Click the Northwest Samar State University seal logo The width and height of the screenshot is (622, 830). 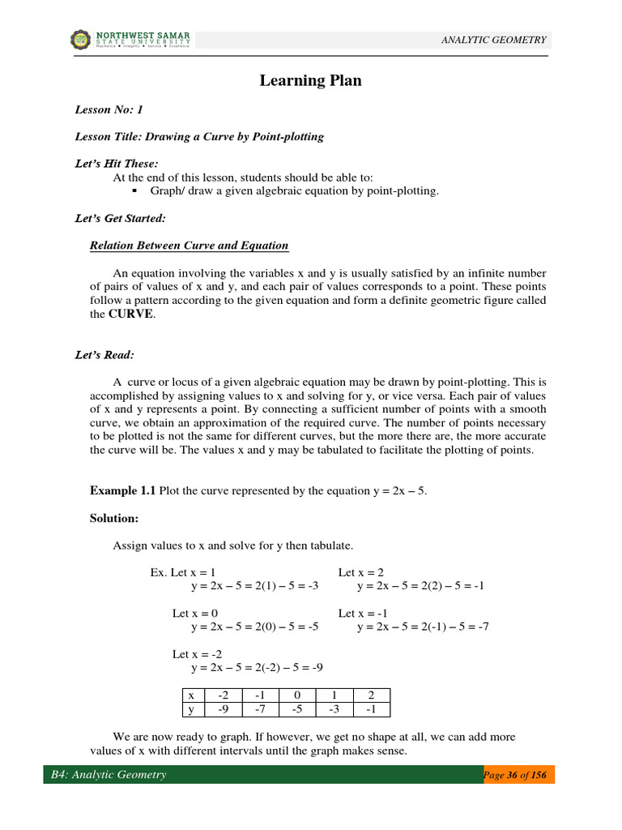(81, 39)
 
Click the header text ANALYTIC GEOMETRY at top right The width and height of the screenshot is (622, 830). (493, 40)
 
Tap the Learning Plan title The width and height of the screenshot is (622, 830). (310, 80)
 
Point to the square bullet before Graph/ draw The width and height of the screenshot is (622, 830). (134, 191)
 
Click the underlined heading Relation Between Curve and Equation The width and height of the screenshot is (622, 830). (189, 246)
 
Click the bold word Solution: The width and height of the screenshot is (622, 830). (114, 517)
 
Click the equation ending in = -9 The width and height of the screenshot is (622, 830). (258, 668)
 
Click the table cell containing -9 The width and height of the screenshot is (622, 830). (223, 710)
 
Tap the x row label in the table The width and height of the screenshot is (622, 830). (191, 695)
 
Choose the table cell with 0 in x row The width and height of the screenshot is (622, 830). (297, 695)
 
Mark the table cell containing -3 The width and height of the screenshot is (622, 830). (334, 710)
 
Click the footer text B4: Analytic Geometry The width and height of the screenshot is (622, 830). (109, 775)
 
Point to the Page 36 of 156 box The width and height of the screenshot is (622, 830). (518, 775)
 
